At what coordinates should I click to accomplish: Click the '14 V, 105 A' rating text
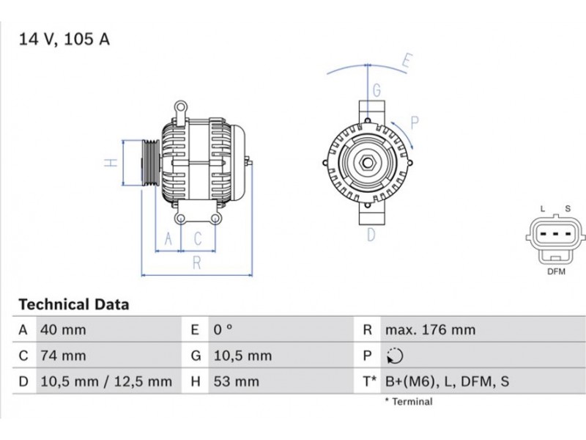(x=64, y=40)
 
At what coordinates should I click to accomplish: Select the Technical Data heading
(x=74, y=304)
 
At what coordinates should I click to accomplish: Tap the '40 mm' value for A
(x=63, y=330)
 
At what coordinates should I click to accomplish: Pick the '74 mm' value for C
(x=63, y=356)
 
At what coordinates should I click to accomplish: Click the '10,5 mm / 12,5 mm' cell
(x=106, y=381)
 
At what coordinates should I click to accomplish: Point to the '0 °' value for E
(x=223, y=329)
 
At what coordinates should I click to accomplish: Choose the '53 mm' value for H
(x=236, y=381)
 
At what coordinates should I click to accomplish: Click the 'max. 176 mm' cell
(x=431, y=329)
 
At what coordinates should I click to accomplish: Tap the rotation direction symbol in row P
(x=395, y=356)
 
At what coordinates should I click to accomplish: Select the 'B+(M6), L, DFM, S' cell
(x=447, y=381)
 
